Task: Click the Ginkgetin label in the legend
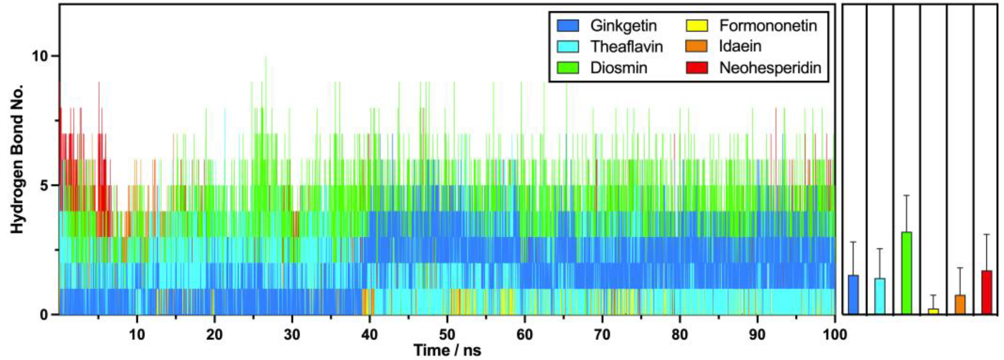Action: [x=623, y=26]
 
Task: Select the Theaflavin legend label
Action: [x=626, y=47]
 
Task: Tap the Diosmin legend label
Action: [x=619, y=68]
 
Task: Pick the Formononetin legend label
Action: [x=768, y=26]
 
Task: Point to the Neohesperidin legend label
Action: [x=770, y=68]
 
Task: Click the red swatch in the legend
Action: [x=696, y=68]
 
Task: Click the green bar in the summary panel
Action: [x=907, y=273]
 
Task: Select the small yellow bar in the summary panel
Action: [x=934, y=311]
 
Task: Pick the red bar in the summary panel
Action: [x=987, y=292]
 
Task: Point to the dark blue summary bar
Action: [x=853, y=295]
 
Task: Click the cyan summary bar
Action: [x=880, y=296]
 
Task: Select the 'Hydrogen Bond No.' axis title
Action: [x=18, y=159]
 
